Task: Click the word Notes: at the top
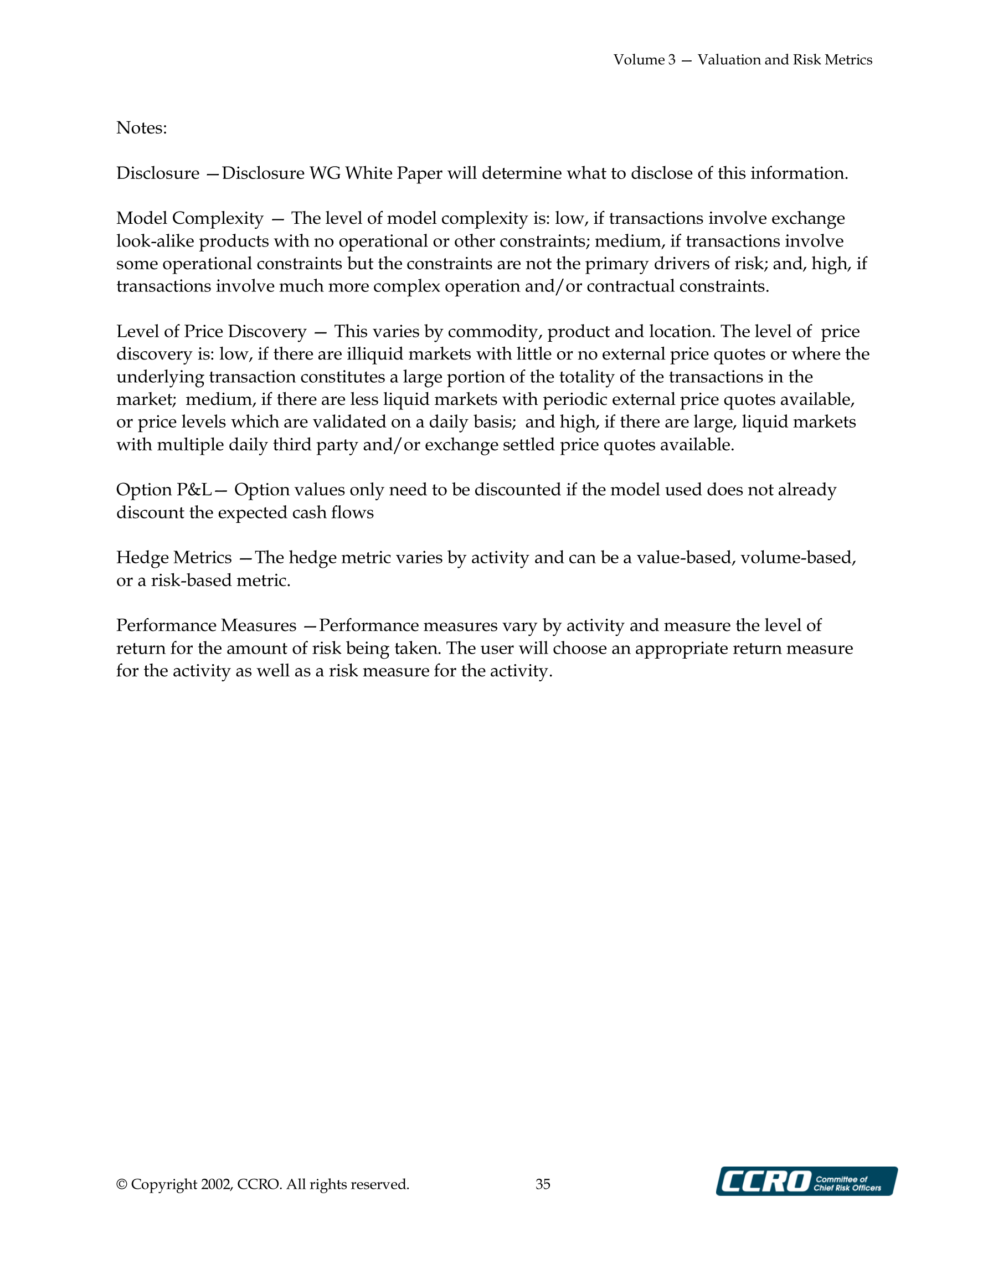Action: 141,127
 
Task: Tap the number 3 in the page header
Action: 671,60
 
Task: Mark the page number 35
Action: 543,1184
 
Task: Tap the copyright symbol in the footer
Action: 122,1185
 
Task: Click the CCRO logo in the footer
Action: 806,1181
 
